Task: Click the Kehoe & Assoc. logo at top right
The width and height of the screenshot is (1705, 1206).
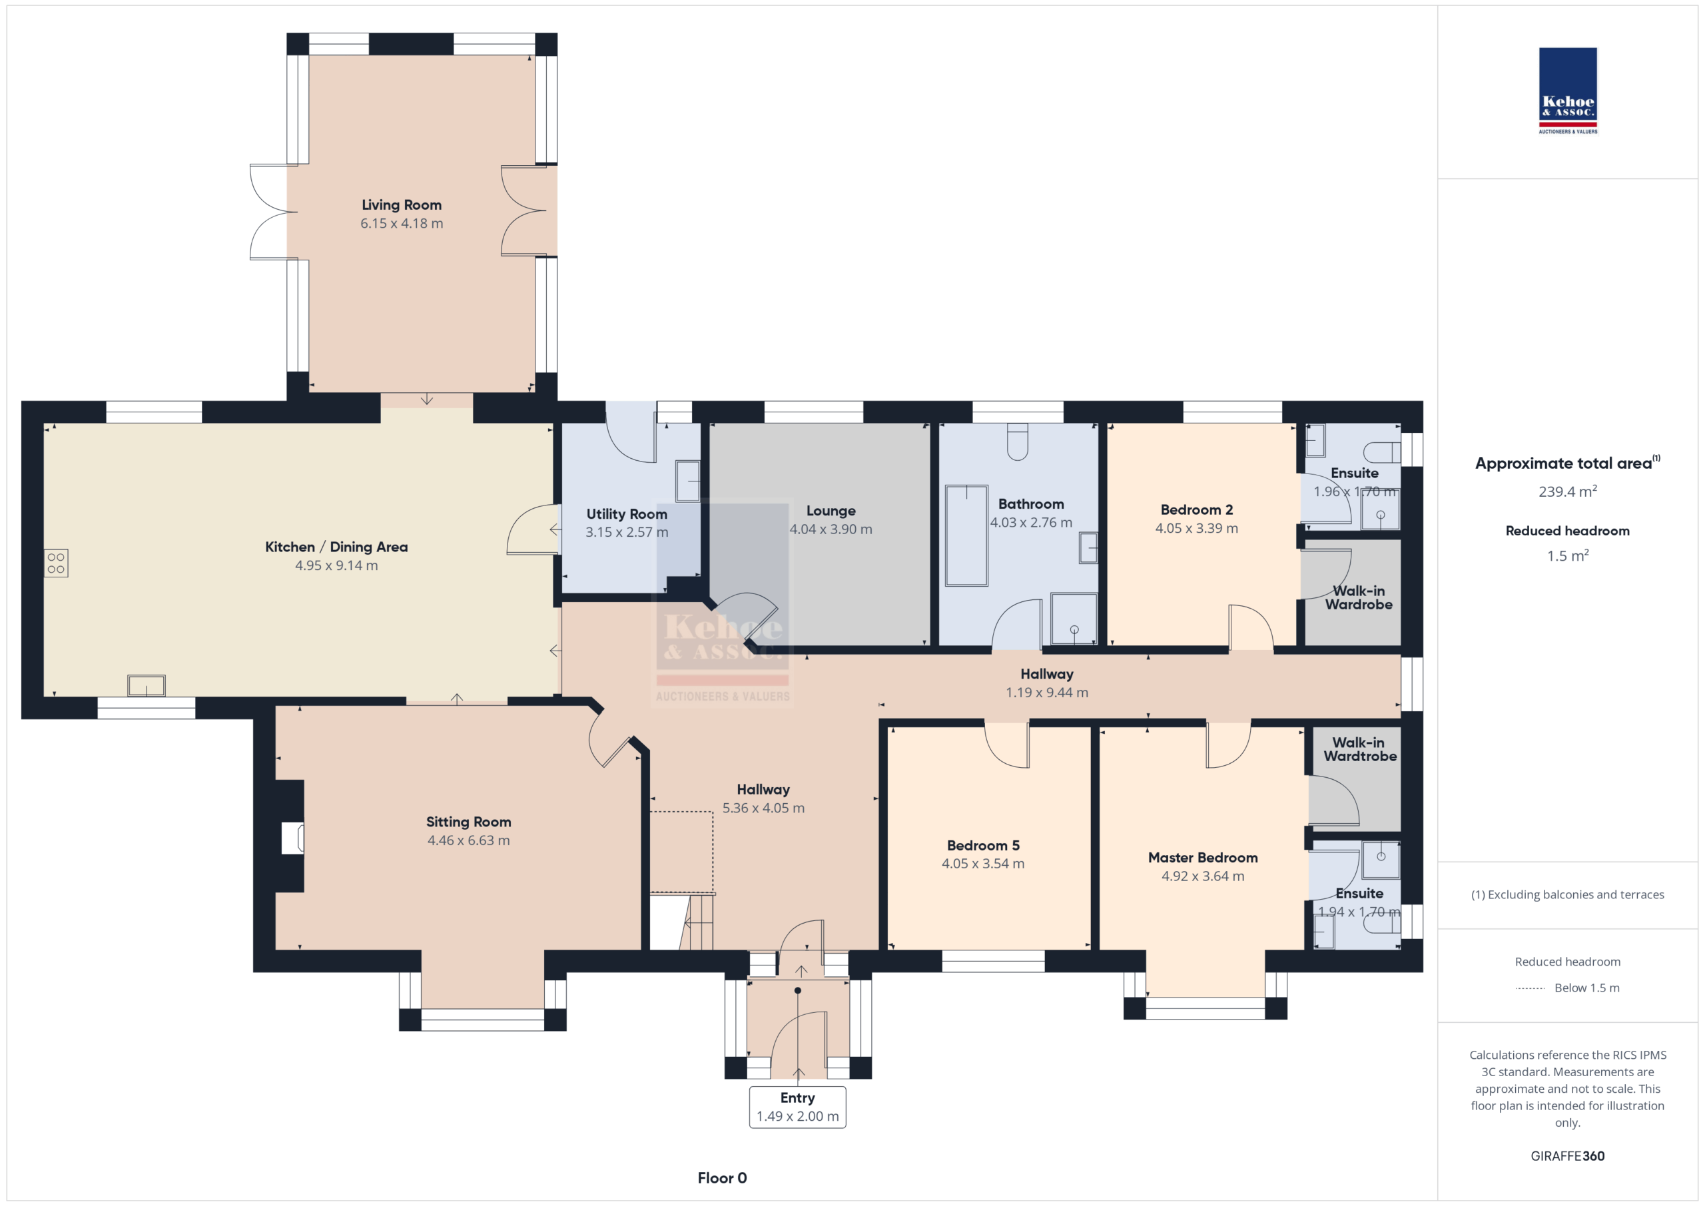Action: [1567, 91]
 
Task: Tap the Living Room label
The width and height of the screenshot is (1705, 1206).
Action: [401, 205]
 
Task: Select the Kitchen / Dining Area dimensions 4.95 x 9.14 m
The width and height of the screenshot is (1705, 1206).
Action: [336, 566]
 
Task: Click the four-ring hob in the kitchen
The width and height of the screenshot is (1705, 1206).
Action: [56, 563]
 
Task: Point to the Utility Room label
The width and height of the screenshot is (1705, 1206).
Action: [627, 514]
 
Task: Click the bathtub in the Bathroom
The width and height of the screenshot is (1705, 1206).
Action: [966, 535]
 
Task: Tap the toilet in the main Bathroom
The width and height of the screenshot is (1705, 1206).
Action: [1018, 442]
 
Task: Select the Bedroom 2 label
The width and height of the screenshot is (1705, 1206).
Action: [1196, 510]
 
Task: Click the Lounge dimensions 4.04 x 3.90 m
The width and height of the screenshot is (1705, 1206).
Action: [831, 529]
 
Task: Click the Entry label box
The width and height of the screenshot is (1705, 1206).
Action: [797, 1107]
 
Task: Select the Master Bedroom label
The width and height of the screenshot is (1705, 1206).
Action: [1203, 858]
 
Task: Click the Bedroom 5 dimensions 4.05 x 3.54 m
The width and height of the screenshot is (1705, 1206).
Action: [983, 864]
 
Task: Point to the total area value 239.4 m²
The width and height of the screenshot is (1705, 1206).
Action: [1568, 491]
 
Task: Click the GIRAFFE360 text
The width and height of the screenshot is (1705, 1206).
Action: [1568, 1156]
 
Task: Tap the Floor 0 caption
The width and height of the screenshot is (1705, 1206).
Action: [722, 1178]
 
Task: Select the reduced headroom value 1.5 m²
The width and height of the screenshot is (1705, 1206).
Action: [1568, 555]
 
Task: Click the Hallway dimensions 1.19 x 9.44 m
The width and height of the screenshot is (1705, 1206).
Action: [1047, 693]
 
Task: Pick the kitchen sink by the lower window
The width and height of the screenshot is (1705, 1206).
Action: [147, 685]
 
